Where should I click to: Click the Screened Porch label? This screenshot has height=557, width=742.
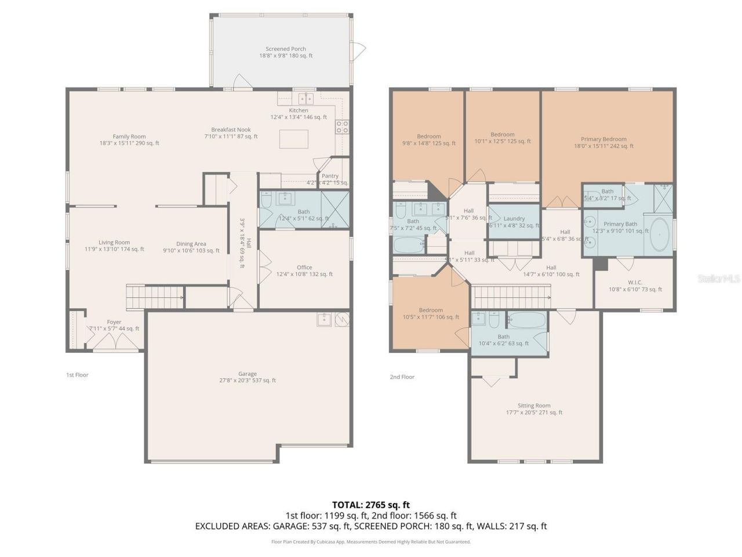(286, 52)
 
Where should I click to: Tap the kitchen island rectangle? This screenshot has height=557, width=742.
(294, 139)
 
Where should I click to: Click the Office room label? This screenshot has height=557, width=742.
(304, 271)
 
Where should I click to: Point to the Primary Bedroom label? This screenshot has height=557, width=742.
(603, 143)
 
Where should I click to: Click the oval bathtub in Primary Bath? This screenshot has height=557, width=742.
(659, 234)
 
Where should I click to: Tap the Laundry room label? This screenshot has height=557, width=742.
(514, 222)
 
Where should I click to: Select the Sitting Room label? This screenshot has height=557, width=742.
(534, 409)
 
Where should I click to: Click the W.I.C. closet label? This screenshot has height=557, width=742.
(635, 285)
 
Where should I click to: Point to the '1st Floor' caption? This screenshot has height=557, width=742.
(77, 375)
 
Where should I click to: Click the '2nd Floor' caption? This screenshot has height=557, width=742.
(402, 377)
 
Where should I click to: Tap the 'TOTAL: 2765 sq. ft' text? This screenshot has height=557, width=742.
(371, 505)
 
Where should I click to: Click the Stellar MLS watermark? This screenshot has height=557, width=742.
(719, 278)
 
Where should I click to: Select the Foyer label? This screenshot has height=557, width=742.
(114, 325)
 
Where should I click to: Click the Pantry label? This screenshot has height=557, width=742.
(330, 179)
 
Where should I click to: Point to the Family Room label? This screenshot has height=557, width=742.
(129, 140)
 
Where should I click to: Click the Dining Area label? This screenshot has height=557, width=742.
(191, 247)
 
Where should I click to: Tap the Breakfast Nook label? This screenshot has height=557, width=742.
(231, 133)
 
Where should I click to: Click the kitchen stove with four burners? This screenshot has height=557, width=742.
(342, 126)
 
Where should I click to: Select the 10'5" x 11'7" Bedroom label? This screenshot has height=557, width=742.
(431, 313)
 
